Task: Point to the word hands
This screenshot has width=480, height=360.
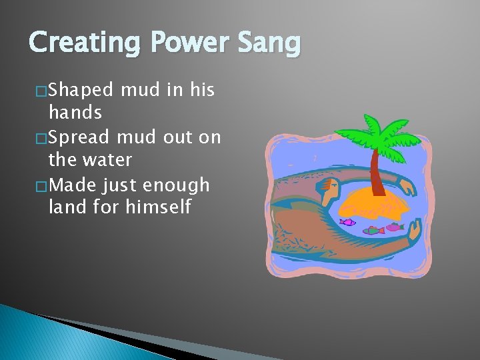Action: point(75,112)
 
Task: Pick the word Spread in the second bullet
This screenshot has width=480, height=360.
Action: point(81,137)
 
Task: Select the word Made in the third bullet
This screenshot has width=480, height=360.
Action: point(73,185)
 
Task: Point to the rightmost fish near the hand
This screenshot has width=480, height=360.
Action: point(395,227)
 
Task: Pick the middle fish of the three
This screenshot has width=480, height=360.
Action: point(374,231)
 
